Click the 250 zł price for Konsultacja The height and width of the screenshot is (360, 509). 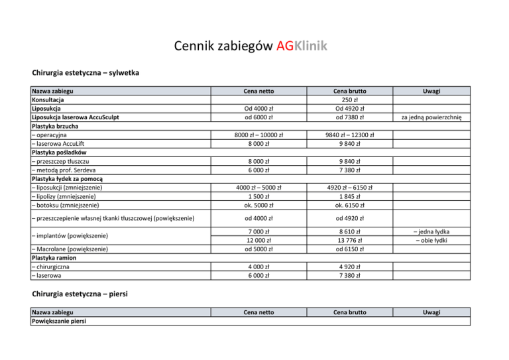pyautogui.click(x=361, y=100)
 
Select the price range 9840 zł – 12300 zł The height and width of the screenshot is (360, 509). pyautogui.click(x=361, y=135)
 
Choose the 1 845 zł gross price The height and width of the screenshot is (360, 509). pyautogui.click(x=361, y=196)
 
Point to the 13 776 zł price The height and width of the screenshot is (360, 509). pyautogui.click(x=361, y=239)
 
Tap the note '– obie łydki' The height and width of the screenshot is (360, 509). pyautogui.click(x=435, y=239)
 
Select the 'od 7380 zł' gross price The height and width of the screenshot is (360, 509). pyautogui.click(x=361, y=118)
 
